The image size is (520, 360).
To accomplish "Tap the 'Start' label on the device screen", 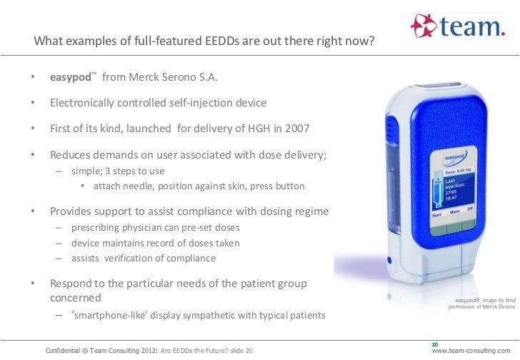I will click(436, 213).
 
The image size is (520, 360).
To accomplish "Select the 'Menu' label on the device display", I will click(453, 210).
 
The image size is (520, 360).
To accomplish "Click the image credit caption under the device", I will click(479, 304).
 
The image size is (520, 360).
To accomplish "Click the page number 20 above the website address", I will click(437, 343).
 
